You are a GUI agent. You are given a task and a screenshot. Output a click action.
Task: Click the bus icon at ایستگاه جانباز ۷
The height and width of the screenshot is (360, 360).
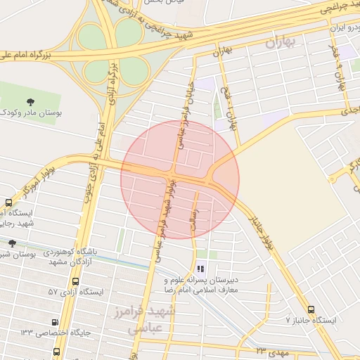311,309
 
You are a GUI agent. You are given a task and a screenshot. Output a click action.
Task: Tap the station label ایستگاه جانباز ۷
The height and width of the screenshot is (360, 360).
311,320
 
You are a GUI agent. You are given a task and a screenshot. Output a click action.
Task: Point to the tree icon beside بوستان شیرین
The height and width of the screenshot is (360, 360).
11,243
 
